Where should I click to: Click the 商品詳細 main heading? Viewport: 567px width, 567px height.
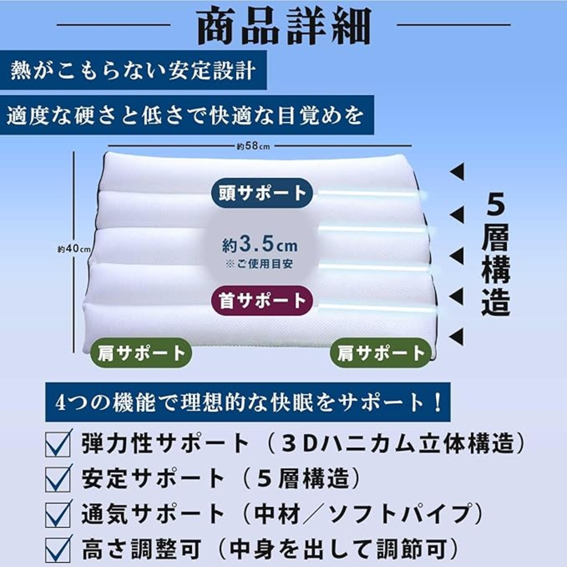(x=284, y=27)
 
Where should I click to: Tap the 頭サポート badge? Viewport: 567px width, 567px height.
(x=262, y=193)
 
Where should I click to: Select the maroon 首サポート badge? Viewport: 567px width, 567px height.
(x=262, y=300)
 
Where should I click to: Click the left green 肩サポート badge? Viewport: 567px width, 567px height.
(x=141, y=353)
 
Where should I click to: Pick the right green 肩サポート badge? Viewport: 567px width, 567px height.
(x=381, y=353)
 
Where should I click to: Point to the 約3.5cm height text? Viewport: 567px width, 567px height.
(x=260, y=245)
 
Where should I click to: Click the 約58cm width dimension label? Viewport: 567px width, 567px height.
(x=253, y=146)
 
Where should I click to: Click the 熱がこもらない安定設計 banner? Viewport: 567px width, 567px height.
(x=133, y=70)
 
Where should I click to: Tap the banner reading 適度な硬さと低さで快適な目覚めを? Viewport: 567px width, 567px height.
(x=186, y=115)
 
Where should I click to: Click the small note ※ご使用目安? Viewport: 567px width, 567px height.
(x=260, y=264)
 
